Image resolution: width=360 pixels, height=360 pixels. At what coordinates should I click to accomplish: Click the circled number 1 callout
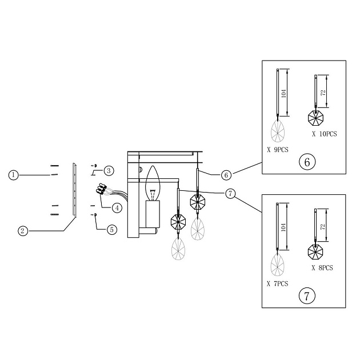(x=14, y=174)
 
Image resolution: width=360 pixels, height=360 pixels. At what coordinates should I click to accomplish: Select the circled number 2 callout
(x=22, y=231)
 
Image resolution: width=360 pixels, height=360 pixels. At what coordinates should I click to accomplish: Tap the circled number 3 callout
(x=109, y=170)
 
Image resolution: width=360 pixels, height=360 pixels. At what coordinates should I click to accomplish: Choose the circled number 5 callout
(x=112, y=229)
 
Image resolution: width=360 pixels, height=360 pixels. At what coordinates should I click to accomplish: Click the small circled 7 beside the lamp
(x=230, y=194)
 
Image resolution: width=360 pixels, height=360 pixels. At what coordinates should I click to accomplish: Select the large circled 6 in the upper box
(x=307, y=162)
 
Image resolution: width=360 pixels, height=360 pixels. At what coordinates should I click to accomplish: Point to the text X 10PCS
(x=324, y=134)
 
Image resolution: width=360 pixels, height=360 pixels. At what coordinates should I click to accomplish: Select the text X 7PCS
(x=278, y=283)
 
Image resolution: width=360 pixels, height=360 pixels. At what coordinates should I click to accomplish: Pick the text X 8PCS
(x=322, y=267)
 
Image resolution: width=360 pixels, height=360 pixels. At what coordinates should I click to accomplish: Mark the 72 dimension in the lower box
(x=323, y=226)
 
